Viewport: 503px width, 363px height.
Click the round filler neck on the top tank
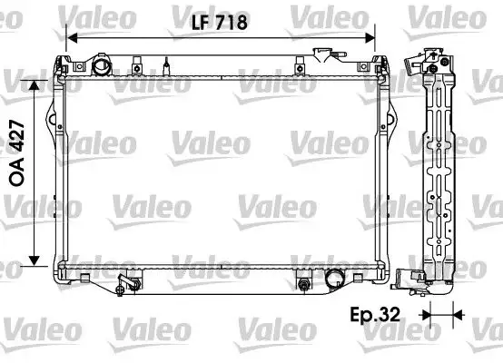tap(99, 66)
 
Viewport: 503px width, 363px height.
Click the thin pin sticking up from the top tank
tap(168, 66)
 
